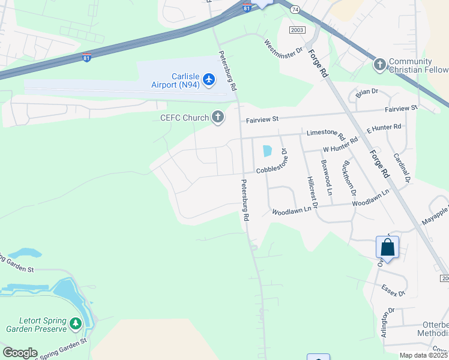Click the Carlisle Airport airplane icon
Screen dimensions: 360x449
pyautogui.click(x=209, y=79)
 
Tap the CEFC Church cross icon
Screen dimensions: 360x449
pyautogui.click(x=218, y=118)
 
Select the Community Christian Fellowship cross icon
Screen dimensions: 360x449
pyautogui.click(x=379, y=64)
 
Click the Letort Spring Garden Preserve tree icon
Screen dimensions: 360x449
pyautogui.click(x=76, y=324)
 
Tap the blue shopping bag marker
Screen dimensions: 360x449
pyautogui.click(x=388, y=247)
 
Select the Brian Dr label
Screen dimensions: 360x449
pyautogui.click(x=367, y=92)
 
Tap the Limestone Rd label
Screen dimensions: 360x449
pyautogui.click(x=325, y=133)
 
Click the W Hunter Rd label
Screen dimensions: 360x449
pyautogui.click(x=340, y=144)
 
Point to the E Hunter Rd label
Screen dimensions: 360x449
pyautogui.click(x=384, y=128)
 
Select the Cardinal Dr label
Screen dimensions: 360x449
pyautogui.click(x=401, y=167)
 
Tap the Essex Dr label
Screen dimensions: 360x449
pyautogui.click(x=394, y=290)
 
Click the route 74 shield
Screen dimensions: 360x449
pyautogui.click(x=295, y=9)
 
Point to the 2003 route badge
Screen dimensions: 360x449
pyautogui.click(x=297, y=30)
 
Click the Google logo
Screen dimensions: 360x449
pyautogui.click(x=20, y=353)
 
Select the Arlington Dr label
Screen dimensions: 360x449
pyautogui.click(x=388, y=323)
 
